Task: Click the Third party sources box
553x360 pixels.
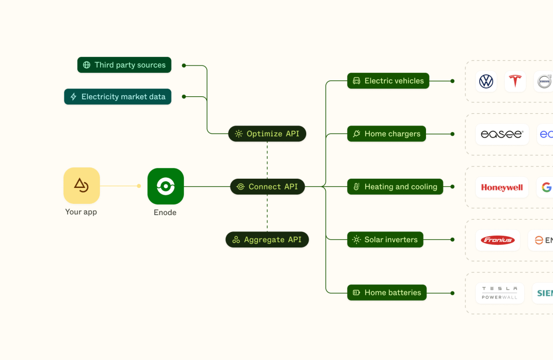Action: tap(124, 65)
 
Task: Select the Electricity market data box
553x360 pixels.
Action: tap(118, 97)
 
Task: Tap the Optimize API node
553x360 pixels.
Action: tap(267, 134)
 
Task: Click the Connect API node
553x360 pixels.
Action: tap(267, 187)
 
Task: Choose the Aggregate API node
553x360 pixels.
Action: tap(267, 240)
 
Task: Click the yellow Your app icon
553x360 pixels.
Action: tap(81, 185)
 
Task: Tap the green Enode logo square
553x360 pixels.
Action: tap(165, 186)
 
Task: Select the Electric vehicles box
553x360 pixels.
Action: tap(388, 81)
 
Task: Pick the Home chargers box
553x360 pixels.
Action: tap(387, 134)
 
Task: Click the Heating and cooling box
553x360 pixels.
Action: tap(395, 187)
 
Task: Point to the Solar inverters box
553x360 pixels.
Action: tap(385, 240)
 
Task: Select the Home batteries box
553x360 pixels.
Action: tap(387, 293)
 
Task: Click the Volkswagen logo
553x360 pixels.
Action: tap(486, 81)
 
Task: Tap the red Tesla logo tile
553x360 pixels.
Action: tap(515, 81)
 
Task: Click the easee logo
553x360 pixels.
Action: tap(502, 134)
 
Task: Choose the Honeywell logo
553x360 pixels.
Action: tap(502, 187)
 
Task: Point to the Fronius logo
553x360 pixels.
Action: tap(498, 240)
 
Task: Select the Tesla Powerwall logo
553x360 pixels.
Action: tap(500, 293)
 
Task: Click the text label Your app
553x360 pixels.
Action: tap(81, 212)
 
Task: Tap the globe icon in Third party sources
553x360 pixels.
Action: tap(87, 65)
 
